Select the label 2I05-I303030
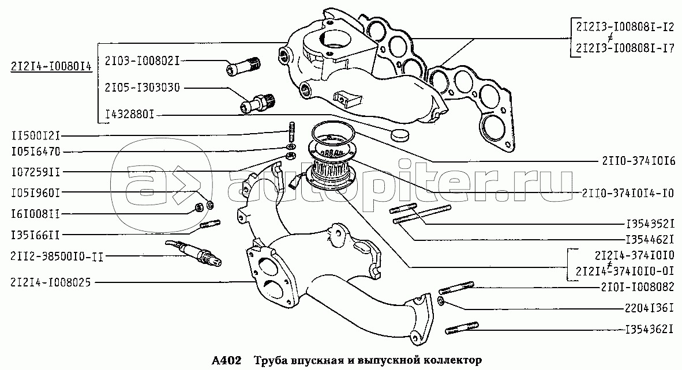point(143,89)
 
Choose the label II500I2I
point(36,137)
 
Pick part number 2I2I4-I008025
point(51,282)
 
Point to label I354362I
point(650,330)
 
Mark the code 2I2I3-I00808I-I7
point(625,49)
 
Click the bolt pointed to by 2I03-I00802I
point(244,67)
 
